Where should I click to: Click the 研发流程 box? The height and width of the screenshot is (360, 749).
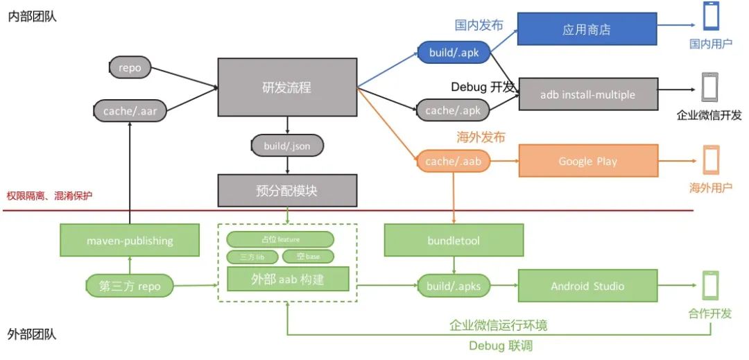pyautogui.click(x=287, y=87)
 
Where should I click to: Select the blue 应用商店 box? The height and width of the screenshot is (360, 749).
pyautogui.click(x=587, y=30)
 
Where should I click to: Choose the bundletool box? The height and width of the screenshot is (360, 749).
pyautogui.click(x=454, y=241)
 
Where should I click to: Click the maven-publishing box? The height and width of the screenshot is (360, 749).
pyautogui.click(x=130, y=241)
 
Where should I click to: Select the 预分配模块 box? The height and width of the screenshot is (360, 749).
pyautogui.click(x=287, y=190)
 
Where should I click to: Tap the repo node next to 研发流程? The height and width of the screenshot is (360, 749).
pyautogui.click(x=130, y=68)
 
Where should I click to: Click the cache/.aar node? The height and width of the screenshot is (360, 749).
pyautogui.click(x=130, y=110)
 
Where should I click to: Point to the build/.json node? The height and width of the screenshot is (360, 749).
pyautogui.click(x=287, y=146)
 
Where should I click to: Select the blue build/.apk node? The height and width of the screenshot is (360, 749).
pyautogui.click(x=454, y=51)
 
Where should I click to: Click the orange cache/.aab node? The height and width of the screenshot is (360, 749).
pyautogui.click(x=454, y=162)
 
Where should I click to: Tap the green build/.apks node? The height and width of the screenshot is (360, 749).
pyautogui.click(x=454, y=286)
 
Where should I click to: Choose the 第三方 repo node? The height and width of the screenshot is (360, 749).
pyautogui.click(x=130, y=286)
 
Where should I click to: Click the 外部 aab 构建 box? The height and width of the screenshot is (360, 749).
pyautogui.click(x=287, y=279)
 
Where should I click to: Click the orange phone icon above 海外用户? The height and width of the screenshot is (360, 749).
pyautogui.click(x=711, y=160)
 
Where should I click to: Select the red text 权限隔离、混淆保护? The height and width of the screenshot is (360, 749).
pyautogui.click(x=49, y=196)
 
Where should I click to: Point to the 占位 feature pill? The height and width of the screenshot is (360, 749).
pyautogui.click(x=279, y=239)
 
